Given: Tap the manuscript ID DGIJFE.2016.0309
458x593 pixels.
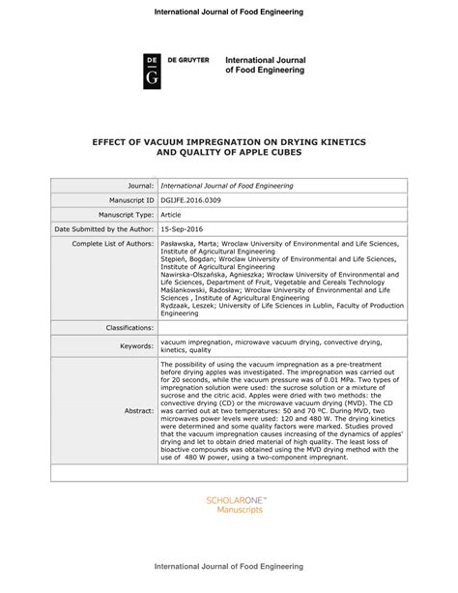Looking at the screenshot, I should pos(195,199).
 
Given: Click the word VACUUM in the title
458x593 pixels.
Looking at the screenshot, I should pos(170,139).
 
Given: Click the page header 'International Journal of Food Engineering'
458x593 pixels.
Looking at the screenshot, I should pos(229,11).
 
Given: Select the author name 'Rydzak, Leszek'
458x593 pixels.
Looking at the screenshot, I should pos(188,304).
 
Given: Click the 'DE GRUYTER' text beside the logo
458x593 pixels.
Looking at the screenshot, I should pos(191,61).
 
